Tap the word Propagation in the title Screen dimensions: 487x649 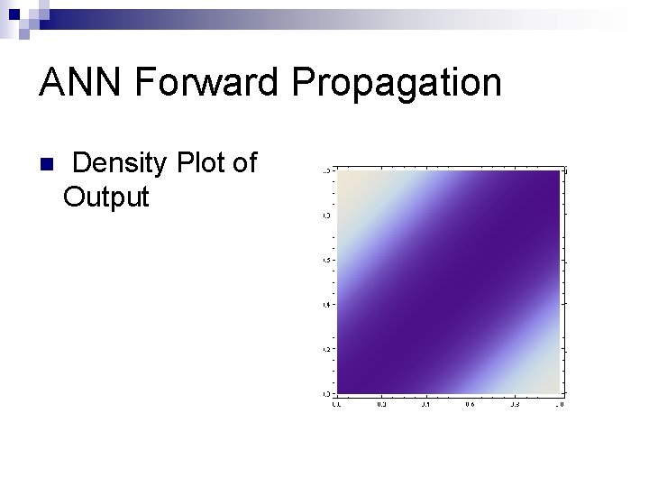(397, 83)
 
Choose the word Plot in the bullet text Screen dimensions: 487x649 (202, 163)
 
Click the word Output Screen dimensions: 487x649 (105, 198)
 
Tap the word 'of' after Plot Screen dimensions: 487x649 (244, 163)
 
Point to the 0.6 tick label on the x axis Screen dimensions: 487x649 (470, 405)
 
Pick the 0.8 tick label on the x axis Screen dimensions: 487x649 (515, 405)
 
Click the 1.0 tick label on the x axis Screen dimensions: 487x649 (560, 405)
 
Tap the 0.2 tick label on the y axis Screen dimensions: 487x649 (326, 349)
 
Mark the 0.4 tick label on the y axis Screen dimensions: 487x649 (326, 304)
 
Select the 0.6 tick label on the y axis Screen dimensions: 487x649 (326, 260)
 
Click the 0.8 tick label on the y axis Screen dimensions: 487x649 (326, 215)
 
